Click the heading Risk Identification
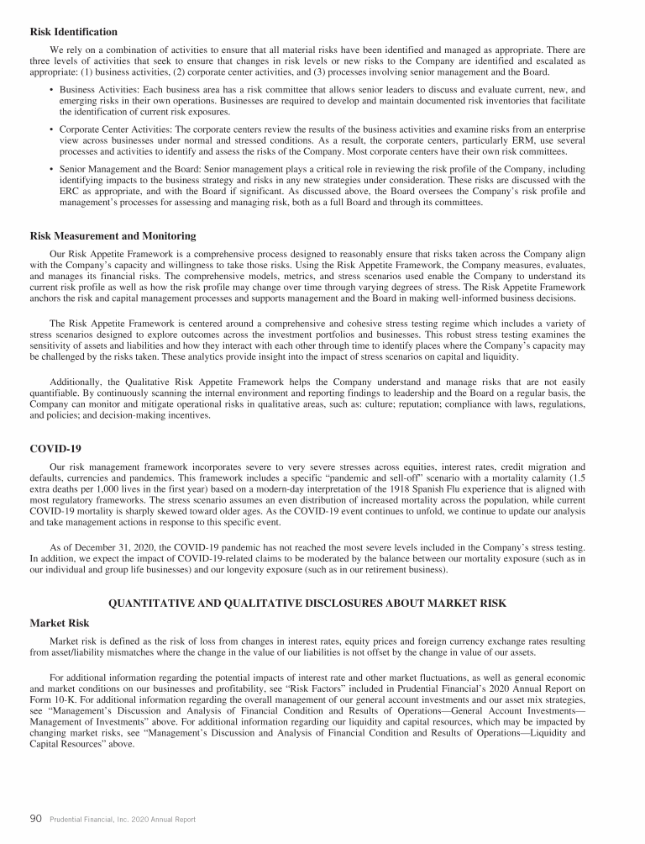(73, 32)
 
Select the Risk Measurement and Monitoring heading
(112, 236)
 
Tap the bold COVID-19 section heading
(55, 448)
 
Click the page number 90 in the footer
(36, 819)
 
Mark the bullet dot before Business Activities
(52, 89)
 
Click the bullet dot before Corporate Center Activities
(52, 129)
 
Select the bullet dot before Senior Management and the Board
(52, 169)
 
